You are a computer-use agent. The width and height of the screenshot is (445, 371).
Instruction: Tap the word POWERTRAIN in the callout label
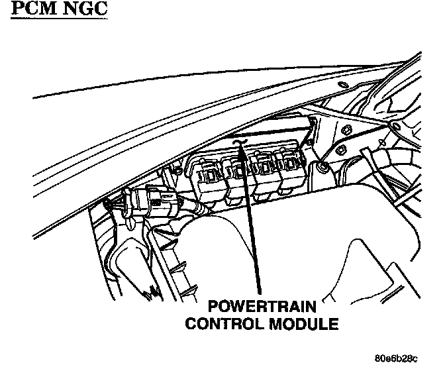(261, 307)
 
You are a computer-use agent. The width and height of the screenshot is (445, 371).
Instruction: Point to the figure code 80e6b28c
(395, 360)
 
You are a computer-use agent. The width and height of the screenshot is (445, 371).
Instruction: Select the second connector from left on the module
(237, 176)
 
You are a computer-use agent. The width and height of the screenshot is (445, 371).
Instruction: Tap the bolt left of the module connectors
(177, 170)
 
